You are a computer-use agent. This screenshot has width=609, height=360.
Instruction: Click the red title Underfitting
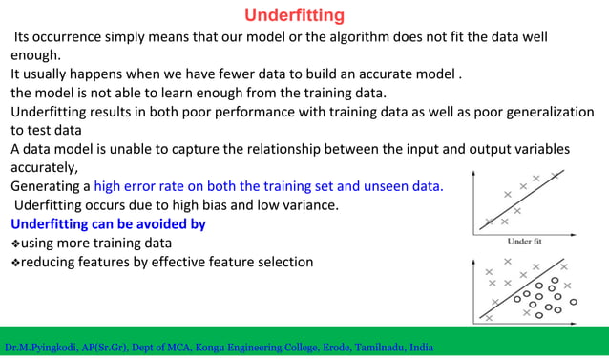coord(294,15)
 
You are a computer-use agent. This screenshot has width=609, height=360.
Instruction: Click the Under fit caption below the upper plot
coord(526,241)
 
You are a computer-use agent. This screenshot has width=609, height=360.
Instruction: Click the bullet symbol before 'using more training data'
coord(14,244)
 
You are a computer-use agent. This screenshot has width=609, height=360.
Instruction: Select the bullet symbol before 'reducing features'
coord(14,262)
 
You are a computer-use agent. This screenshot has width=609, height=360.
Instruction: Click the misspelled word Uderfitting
coord(48,205)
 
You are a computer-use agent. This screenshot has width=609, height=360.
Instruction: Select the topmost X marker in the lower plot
coord(507,261)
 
